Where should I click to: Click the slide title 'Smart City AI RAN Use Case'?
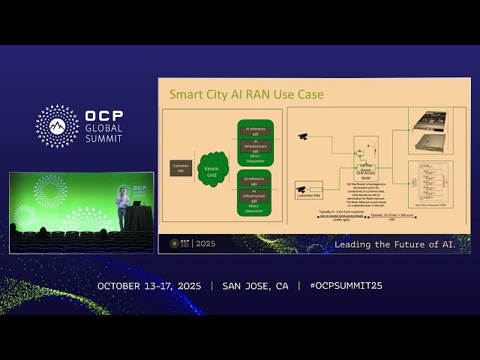coord(246,94)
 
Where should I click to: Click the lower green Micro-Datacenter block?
coord(255,193)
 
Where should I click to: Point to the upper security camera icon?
coord(302,136)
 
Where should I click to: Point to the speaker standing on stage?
coord(121,207)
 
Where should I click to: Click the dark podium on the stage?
coord(135,217)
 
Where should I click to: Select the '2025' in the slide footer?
coord(203,244)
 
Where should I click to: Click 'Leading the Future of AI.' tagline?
coord(400,244)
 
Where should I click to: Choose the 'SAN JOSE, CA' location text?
coord(255,286)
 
